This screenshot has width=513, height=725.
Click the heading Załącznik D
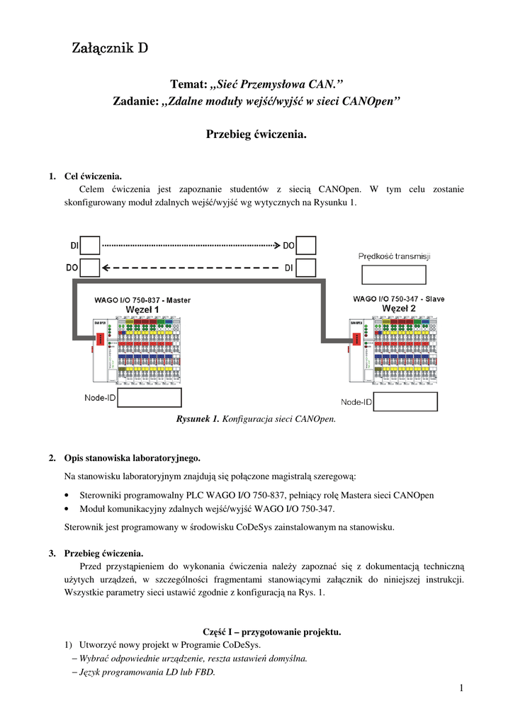(x=110, y=49)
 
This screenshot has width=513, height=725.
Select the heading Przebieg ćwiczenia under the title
(x=256, y=134)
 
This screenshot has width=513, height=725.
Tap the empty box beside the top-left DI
(x=91, y=246)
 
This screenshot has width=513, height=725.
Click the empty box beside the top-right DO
(x=305, y=246)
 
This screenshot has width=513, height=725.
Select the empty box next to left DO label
(x=91, y=268)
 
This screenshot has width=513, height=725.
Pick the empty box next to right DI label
(x=305, y=268)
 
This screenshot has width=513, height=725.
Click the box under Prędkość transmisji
(x=394, y=275)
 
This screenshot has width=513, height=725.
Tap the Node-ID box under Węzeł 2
(x=405, y=401)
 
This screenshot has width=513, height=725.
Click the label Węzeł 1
(x=142, y=309)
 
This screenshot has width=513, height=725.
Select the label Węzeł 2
(x=399, y=309)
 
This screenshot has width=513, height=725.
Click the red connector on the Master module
(x=100, y=339)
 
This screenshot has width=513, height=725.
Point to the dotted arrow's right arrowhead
(x=277, y=246)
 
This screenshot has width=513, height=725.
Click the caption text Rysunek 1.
(x=198, y=418)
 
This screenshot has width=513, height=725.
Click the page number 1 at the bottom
(x=461, y=688)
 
